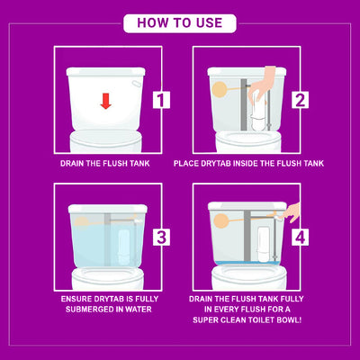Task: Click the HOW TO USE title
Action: (180, 23)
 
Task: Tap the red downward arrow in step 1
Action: (106, 101)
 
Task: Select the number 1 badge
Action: (161, 100)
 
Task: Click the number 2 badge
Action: (300, 100)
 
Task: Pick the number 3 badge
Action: (161, 238)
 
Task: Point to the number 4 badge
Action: (300, 238)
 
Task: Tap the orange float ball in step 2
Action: (220, 88)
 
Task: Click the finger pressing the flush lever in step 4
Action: (291, 212)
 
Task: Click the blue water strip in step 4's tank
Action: (248, 263)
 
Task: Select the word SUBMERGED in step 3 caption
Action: (90, 310)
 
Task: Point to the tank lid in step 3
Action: (108, 209)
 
